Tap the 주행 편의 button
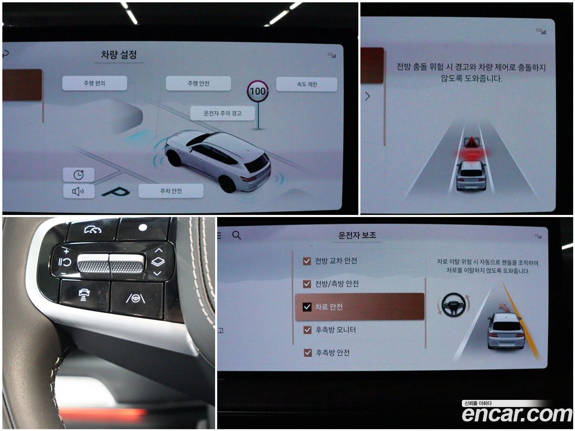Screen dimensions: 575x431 tap(94, 83)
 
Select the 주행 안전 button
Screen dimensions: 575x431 tap(198, 83)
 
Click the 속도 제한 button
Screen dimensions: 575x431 tap(307, 84)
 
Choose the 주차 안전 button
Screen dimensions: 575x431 tap(171, 191)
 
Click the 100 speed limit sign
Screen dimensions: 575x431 tap(258, 91)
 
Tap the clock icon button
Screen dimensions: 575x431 tap(79, 174)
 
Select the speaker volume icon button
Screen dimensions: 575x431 tap(79, 191)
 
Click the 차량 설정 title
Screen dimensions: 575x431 tap(119, 55)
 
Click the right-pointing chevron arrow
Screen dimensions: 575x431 tap(368, 96)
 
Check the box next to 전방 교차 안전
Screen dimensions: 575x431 tap(307, 261)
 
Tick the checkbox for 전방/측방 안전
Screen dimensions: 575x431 tap(307, 284)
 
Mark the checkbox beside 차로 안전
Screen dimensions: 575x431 tap(307, 306)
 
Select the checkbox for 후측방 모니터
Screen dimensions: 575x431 tap(307, 330)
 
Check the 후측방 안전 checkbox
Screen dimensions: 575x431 tap(308, 353)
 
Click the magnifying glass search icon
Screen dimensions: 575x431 tap(237, 235)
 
